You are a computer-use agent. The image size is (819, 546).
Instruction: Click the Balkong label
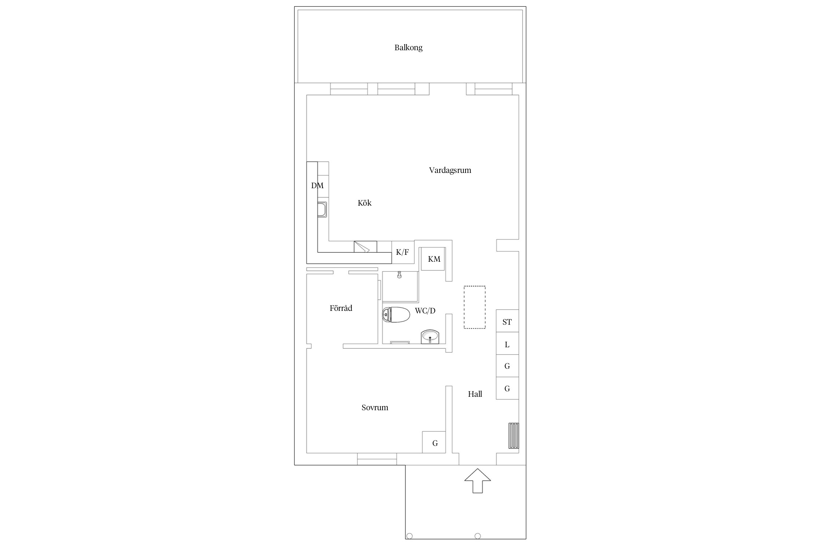[408, 48]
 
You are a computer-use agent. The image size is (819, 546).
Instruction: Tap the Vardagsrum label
[450, 170]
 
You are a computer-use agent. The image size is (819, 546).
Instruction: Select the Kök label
[364, 203]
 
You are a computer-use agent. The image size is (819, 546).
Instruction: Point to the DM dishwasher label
[317, 186]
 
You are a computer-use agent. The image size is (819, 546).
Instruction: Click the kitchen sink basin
[67, 210]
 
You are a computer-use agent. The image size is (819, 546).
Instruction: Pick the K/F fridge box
[403, 252]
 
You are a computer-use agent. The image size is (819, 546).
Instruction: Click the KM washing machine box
[433, 259]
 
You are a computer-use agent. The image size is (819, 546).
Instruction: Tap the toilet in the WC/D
[396, 314]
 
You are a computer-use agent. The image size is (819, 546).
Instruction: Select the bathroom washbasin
[430, 336]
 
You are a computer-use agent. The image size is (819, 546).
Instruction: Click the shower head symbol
[399, 275]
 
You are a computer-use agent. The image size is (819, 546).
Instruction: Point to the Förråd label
[341, 308]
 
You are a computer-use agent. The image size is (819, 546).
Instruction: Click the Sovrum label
[375, 408]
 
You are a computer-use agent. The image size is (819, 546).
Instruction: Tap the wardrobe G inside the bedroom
[434, 442]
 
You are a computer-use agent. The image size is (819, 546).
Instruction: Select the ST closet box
[507, 321]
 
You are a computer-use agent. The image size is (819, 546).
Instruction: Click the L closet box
[507, 343]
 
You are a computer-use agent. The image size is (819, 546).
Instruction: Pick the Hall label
[475, 394]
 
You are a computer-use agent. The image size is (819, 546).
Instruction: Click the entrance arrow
[478, 481]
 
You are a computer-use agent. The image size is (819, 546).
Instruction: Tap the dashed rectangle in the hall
[475, 308]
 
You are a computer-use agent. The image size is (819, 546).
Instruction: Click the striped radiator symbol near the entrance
[514, 436]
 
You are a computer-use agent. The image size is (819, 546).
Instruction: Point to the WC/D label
[425, 311]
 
